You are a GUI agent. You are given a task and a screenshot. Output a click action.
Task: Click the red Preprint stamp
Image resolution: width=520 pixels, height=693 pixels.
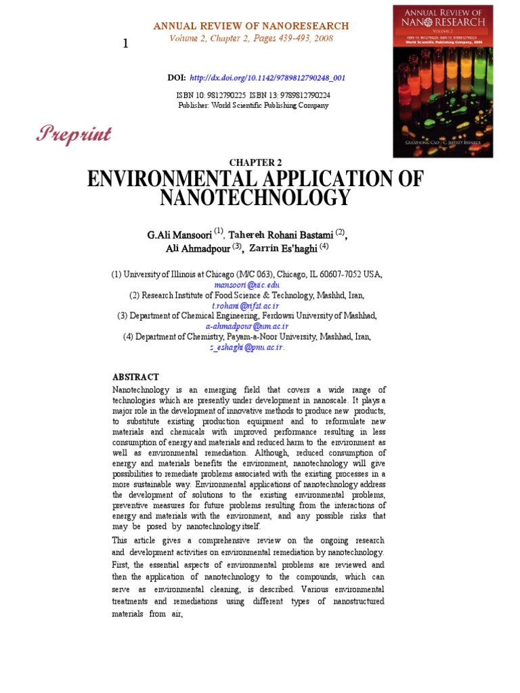pos(74,134)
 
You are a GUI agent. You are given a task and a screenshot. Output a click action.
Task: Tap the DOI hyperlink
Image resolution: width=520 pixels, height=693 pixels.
pos(267,78)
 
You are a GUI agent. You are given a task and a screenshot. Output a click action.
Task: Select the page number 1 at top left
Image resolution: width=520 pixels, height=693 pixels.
pos(125,44)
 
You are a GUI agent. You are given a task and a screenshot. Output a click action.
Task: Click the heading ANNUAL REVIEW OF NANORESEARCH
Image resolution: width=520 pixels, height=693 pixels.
pos(251,26)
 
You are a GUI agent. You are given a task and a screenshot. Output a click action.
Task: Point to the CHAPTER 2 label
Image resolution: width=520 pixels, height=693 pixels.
pos(255,162)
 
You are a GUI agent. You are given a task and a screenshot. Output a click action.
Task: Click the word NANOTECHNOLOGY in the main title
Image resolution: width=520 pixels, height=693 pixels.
pos(255,198)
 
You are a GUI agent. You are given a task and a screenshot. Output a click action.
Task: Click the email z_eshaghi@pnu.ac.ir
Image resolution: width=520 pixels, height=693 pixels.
pos(246,347)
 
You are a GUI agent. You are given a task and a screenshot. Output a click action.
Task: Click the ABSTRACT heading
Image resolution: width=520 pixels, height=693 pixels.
pos(135,377)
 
